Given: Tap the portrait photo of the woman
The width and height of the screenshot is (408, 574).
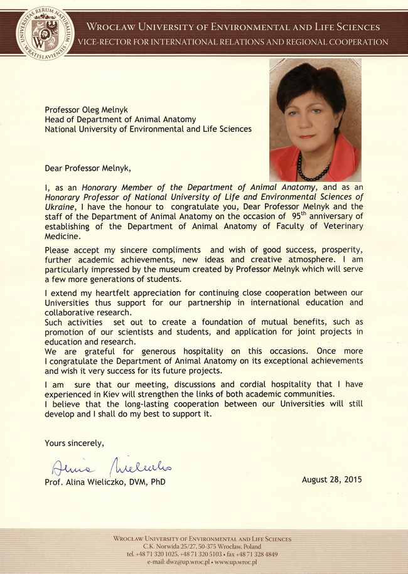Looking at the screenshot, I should (x=315, y=120).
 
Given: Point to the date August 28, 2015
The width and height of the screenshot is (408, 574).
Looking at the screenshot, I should (x=331, y=480).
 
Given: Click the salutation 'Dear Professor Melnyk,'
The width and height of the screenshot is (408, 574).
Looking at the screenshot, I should (x=89, y=167).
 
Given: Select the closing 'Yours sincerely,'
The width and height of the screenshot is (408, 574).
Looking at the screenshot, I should (x=74, y=444).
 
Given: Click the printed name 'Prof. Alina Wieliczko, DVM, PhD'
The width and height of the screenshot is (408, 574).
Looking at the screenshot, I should (x=105, y=482).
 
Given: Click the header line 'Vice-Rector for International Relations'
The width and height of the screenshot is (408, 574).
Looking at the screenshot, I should (x=232, y=42).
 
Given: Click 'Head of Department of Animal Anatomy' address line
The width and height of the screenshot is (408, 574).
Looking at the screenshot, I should (x=120, y=119).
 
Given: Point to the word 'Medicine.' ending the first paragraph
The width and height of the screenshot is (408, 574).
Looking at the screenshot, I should (x=63, y=237).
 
